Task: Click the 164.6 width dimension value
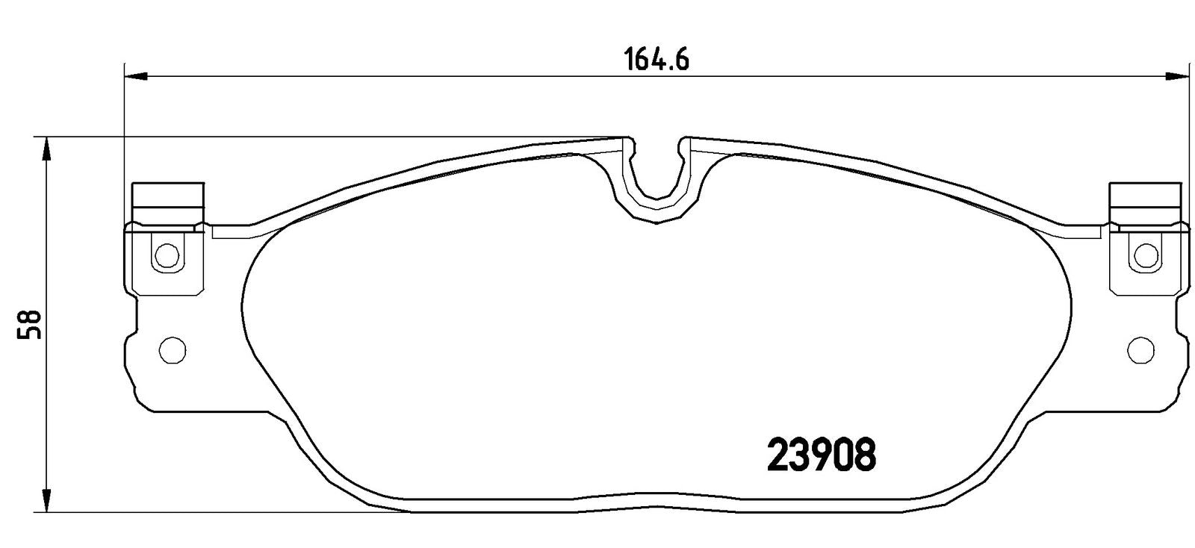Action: click(657, 59)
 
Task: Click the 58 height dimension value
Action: click(29, 325)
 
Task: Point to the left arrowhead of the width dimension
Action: click(135, 77)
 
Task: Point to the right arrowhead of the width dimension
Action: click(1177, 77)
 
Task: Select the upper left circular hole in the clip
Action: click(167, 255)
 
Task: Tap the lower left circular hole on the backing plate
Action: click(173, 351)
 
